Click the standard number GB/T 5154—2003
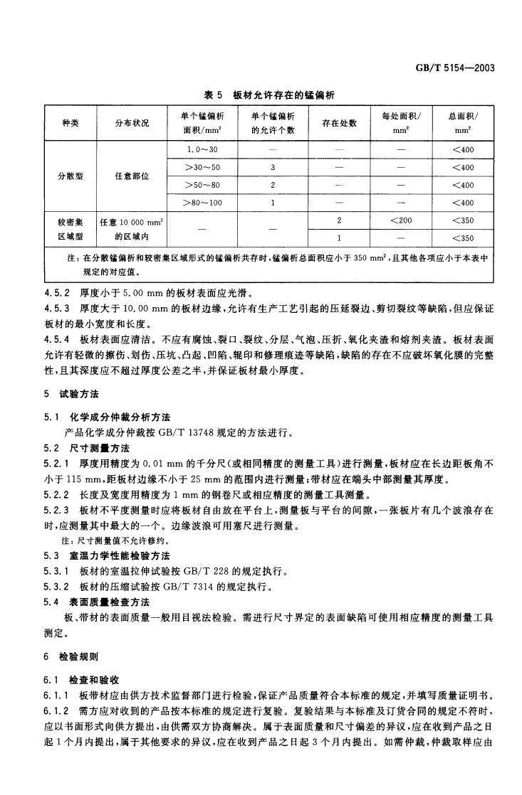pyautogui.click(x=454, y=68)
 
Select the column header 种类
pyautogui.click(x=70, y=123)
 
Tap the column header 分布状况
pyautogui.click(x=132, y=123)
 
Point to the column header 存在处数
pyautogui.click(x=339, y=123)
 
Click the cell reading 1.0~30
pyautogui.click(x=202, y=149)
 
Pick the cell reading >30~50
pyautogui.click(x=203, y=167)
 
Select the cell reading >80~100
pyautogui.click(x=203, y=203)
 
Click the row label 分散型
pyautogui.click(x=70, y=176)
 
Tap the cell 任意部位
pyautogui.click(x=132, y=176)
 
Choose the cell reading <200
pyautogui.click(x=401, y=220)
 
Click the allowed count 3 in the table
pyautogui.click(x=273, y=167)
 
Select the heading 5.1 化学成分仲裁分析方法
pyautogui.click(x=107, y=417)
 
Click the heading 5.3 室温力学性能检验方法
pyautogui.click(x=107, y=557)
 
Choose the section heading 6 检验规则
pyautogui.click(x=71, y=657)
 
